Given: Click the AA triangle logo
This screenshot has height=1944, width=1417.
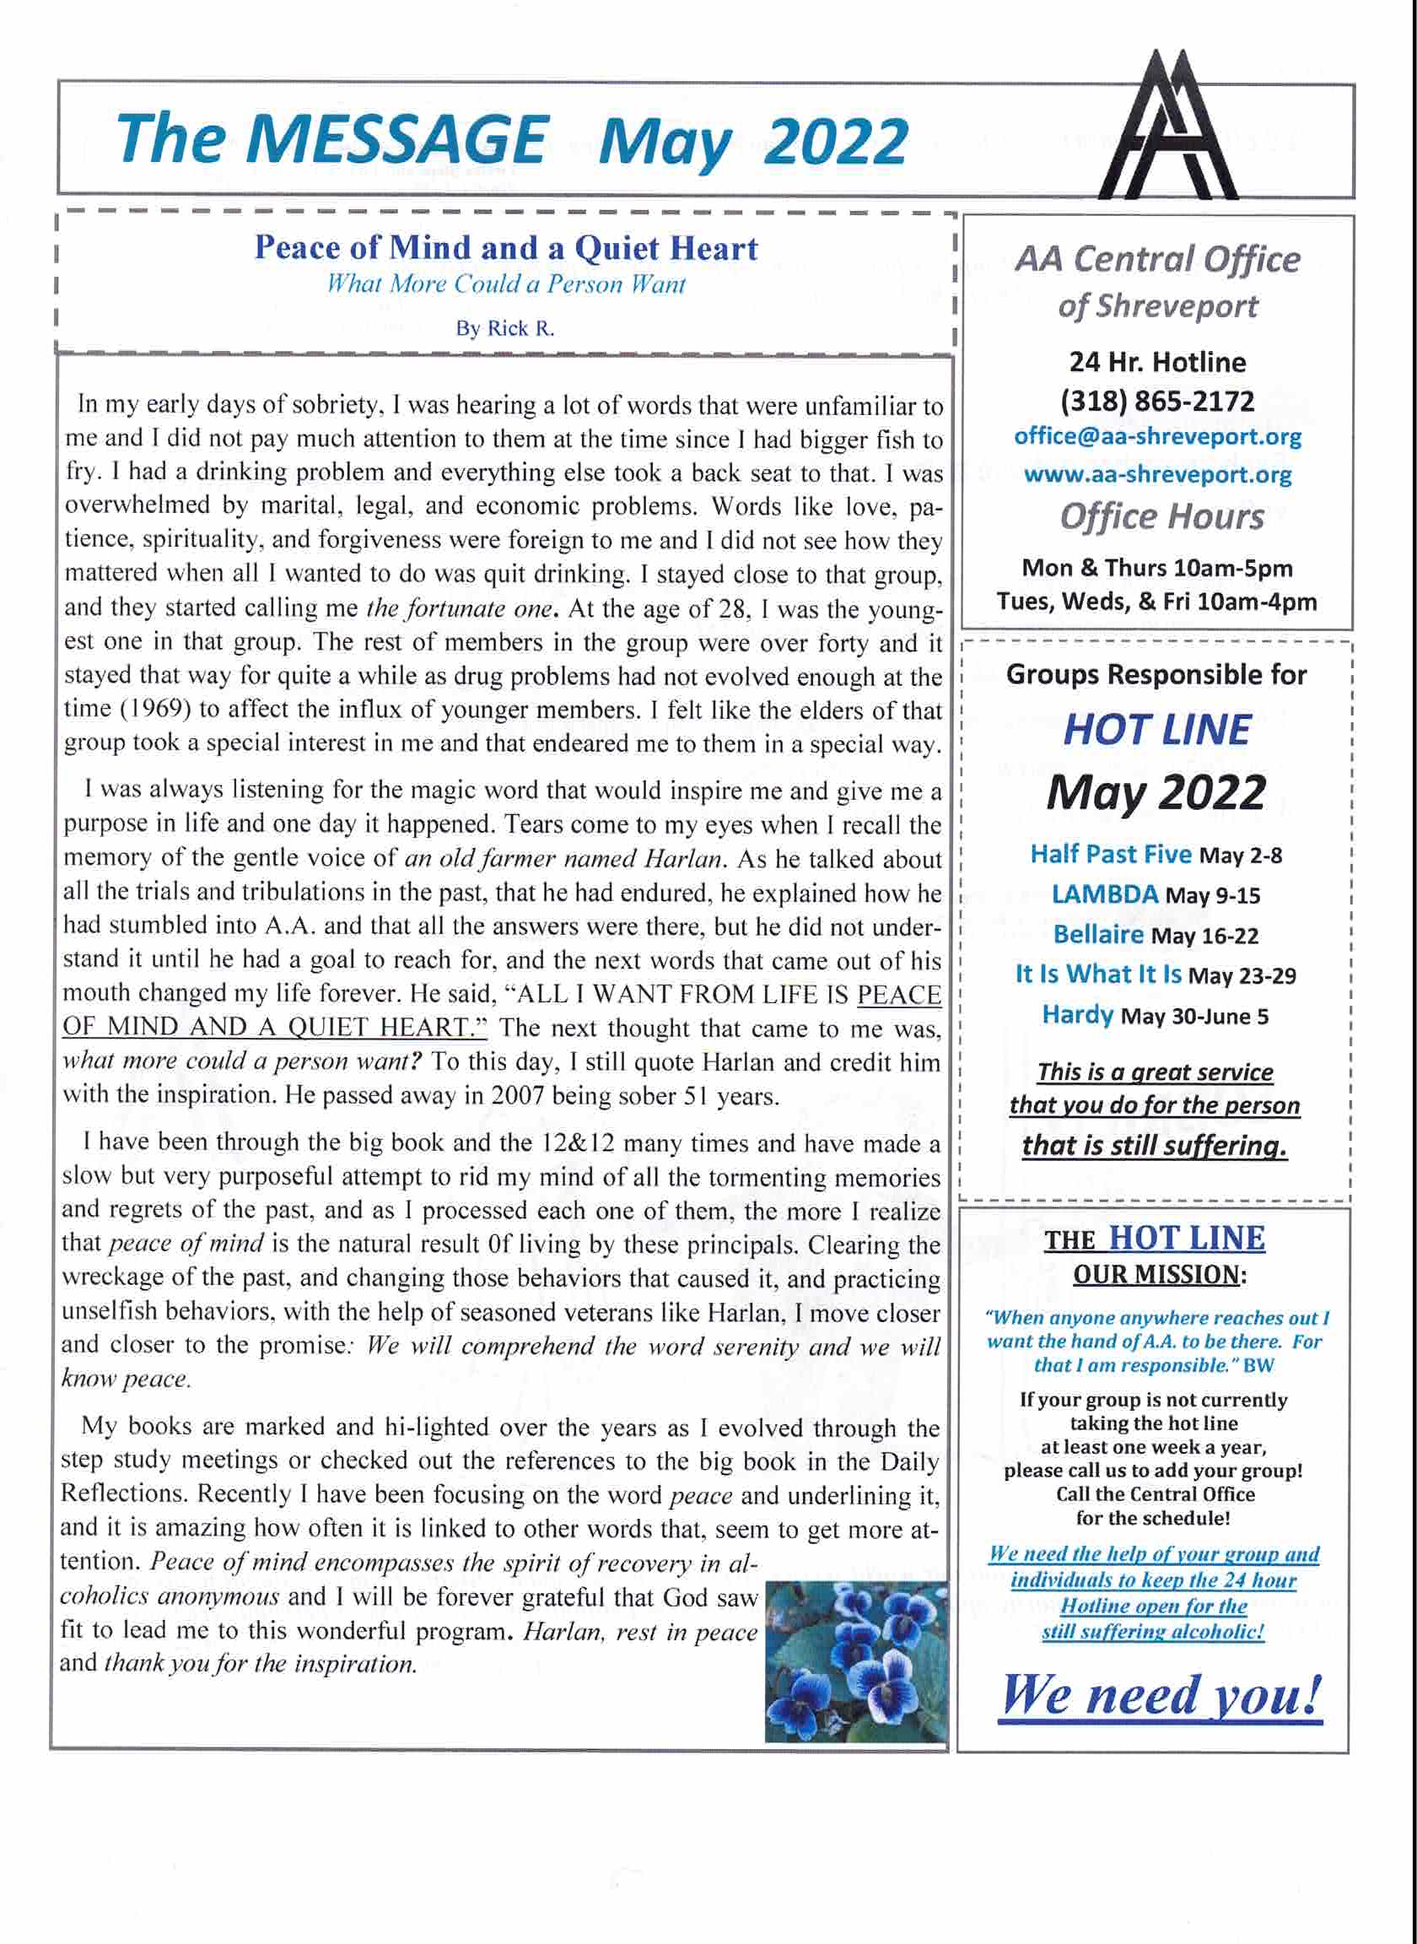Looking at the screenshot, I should (x=1180, y=129).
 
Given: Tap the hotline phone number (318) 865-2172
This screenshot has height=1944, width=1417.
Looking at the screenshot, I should (x=1157, y=401).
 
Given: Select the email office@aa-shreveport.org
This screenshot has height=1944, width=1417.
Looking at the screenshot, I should (x=1157, y=437).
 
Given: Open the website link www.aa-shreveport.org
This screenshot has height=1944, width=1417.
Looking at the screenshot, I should (x=1157, y=474).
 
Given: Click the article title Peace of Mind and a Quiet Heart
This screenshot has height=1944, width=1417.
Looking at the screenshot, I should (x=506, y=249).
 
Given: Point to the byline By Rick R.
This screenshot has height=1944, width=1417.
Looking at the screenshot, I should (x=505, y=329).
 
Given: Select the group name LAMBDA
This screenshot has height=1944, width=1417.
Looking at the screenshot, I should (x=1105, y=894).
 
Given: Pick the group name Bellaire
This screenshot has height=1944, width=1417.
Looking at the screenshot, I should (x=1098, y=934).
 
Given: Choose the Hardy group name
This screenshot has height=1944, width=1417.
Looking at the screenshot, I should (x=1077, y=1015).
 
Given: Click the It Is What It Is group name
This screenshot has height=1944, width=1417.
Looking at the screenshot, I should (x=1098, y=975).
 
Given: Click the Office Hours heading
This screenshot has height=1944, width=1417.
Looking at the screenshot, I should (x=1161, y=517).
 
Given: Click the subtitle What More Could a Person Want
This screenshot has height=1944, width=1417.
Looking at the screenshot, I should (x=506, y=285).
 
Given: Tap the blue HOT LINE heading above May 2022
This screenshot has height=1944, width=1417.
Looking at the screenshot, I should (x=1156, y=730).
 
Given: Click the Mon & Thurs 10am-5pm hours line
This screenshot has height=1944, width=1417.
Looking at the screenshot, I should (x=1157, y=568).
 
